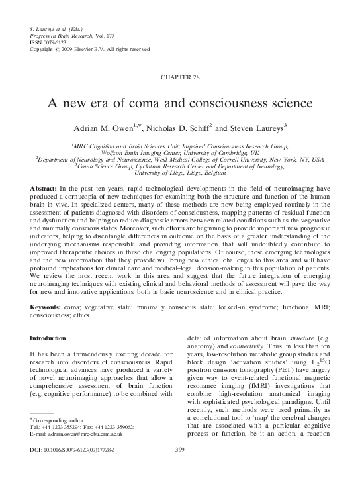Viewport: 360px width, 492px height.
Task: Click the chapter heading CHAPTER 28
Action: (179, 78)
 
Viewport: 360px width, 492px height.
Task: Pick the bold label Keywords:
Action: (46, 309)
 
